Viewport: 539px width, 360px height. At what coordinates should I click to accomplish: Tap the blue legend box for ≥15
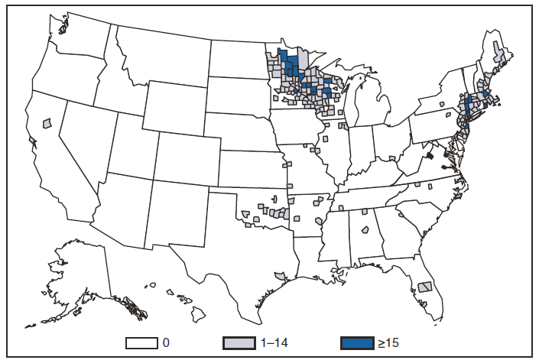(358, 342)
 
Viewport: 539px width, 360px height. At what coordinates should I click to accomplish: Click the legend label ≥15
(389, 342)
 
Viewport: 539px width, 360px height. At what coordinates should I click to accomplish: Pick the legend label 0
(166, 342)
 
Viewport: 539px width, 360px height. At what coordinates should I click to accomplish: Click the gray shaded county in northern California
(47, 122)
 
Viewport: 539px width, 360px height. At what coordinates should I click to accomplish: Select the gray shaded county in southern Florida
(426, 287)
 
